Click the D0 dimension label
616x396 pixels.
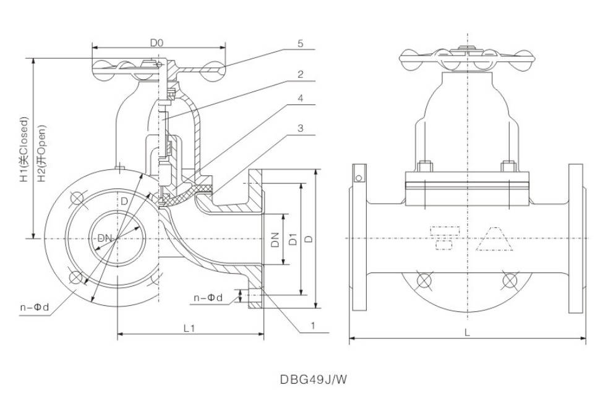[x=157, y=43]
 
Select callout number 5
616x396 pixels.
[x=299, y=44]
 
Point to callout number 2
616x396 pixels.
[x=299, y=74]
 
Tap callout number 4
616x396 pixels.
[x=299, y=98]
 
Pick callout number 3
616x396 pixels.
[x=299, y=128]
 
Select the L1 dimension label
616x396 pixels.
[x=190, y=329]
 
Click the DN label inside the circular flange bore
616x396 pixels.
[x=105, y=238]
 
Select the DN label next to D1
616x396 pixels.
[x=276, y=238]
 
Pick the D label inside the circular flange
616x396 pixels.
[x=124, y=201]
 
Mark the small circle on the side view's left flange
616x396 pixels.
[x=357, y=179]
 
